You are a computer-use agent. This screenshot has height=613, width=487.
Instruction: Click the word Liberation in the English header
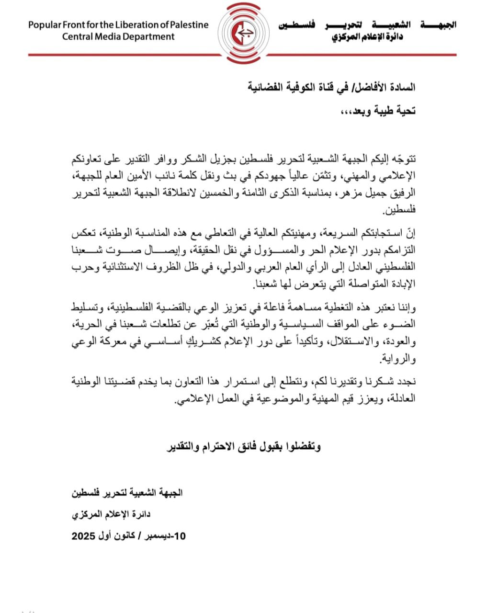coord(124,25)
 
